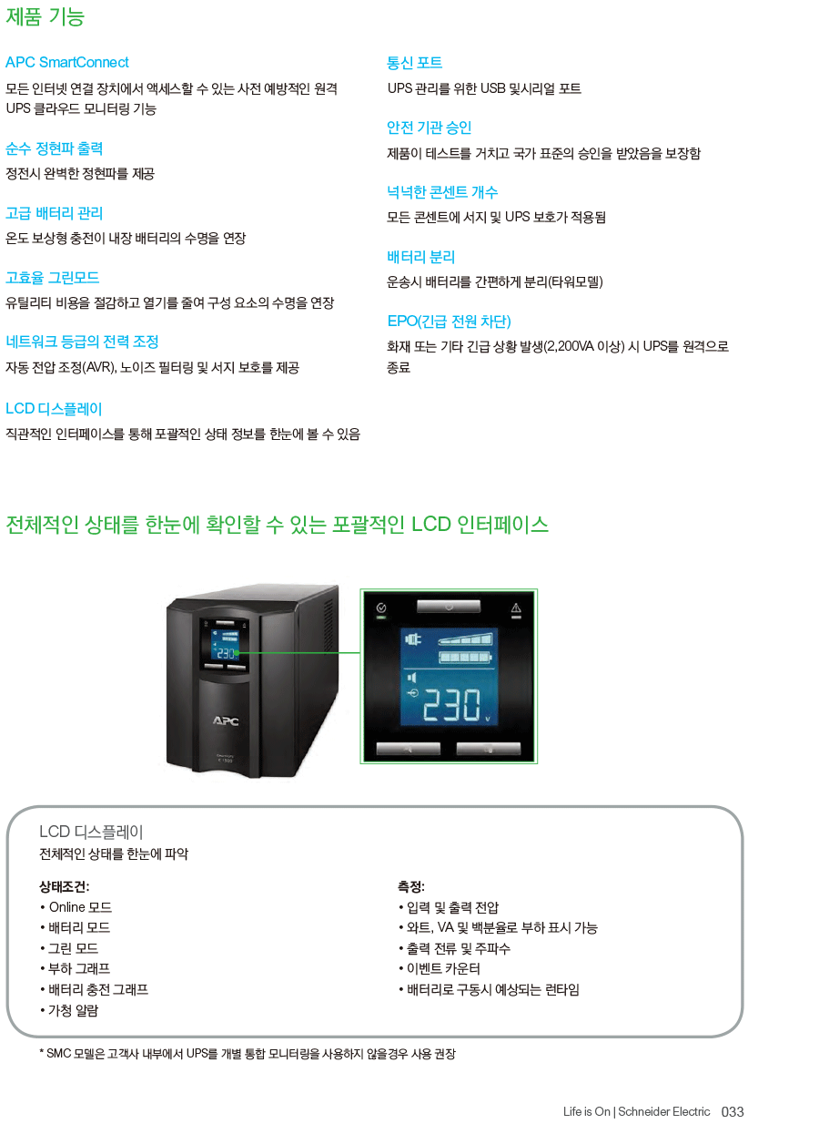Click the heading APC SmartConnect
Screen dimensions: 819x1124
[x=66, y=62]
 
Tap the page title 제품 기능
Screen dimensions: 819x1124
[x=45, y=16]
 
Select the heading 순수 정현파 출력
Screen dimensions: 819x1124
[x=54, y=148]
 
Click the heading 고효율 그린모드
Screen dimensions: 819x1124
[x=52, y=278]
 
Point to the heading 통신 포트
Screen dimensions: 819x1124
[x=414, y=63]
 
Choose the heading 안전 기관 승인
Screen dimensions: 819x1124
[x=429, y=128]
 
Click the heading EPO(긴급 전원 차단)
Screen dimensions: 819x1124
[x=450, y=322]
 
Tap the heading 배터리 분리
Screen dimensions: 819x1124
[x=421, y=257]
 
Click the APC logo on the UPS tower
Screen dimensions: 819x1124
[x=226, y=720]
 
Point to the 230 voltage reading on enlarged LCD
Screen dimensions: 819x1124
[x=452, y=704]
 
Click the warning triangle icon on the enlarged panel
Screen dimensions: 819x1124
[x=516, y=608]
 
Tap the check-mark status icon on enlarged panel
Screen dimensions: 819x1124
[x=381, y=608]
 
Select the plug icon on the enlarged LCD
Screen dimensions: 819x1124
[x=413, y=639]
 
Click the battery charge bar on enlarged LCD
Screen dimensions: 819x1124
[x=465, y=657]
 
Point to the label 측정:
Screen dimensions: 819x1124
[x=411, y=886]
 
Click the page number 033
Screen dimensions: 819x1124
[x=733, y=1111]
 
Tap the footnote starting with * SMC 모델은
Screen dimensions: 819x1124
[x=248, y=1053]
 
